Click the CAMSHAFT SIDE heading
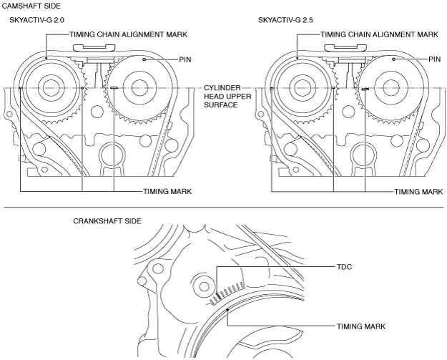(x=31, y=6)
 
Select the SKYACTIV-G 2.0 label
(x=36, y=20)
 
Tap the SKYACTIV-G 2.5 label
(x=285, y=20)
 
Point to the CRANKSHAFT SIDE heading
(x=107, y=221)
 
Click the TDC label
(x=345, y=267)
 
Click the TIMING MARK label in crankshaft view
(x=361, y=326)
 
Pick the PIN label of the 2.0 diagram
(x=185, y=59)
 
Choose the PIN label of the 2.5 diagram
(x=435, y=59)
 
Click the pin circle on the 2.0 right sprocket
(x=144, y=59)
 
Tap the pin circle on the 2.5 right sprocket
(x=393, y=59)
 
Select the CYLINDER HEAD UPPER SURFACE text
(x=227, y=97)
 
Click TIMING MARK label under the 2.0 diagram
(x=167, y=191)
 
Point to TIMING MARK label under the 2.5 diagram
(x=418, y=192)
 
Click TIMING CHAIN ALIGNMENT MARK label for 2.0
(x=129, y=34)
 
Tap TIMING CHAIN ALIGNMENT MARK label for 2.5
(x=380, y=34)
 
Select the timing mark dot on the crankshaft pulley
(x=227, y=309)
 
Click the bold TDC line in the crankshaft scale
(x=218, y=296)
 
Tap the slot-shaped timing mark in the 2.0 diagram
(x=114, y=88)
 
